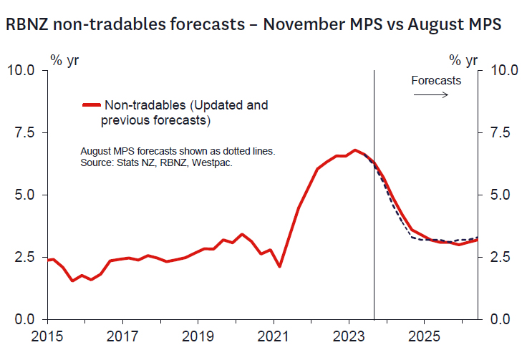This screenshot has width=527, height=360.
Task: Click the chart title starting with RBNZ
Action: (x=253, y=24)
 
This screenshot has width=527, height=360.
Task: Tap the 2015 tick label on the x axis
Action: (x=47, y=336)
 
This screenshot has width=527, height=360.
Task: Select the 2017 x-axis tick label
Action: (x=122, y=336)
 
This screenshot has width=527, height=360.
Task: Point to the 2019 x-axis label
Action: (x=198, y=336)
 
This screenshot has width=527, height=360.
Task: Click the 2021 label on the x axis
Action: (x=273, y=336)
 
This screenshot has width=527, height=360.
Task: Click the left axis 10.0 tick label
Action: (x=21, y=70)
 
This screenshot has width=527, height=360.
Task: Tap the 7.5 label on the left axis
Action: (x=24, y=132)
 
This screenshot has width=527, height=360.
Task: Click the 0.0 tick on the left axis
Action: (x=24, y=319)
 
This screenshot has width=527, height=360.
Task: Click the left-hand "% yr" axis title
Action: (x=64, y=59)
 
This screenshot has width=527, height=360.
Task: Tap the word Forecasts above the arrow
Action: (x=436, y=80)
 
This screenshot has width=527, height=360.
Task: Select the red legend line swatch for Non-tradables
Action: (x=90, y=105)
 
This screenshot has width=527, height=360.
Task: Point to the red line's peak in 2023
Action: (x=355, y=150)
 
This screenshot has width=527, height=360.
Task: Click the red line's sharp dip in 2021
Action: (x=279, y=267)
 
